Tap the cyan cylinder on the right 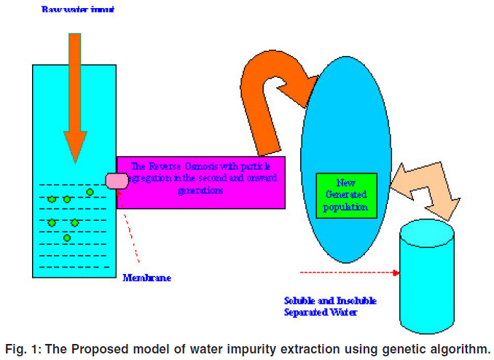click(x=428, y=284)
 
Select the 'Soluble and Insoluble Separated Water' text click(x=329, y=306)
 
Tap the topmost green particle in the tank click(x=90, y=192)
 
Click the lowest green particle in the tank click(x=67, y=238)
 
